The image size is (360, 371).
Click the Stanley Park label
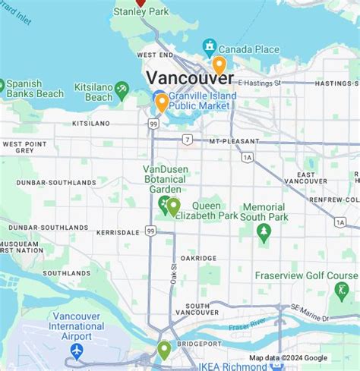141,12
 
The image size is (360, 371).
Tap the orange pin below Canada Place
219,64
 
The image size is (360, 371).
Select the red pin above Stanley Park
140,2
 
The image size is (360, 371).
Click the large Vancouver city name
189,77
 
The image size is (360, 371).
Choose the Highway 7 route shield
187,139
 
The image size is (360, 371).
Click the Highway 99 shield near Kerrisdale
151,230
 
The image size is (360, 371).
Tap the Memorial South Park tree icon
264,234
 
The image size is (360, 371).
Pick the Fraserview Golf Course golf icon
341,290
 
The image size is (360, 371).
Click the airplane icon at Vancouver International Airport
76,351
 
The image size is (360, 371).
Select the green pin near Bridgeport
164,350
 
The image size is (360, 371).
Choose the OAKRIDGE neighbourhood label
197,257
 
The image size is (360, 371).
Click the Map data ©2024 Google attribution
289,358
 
